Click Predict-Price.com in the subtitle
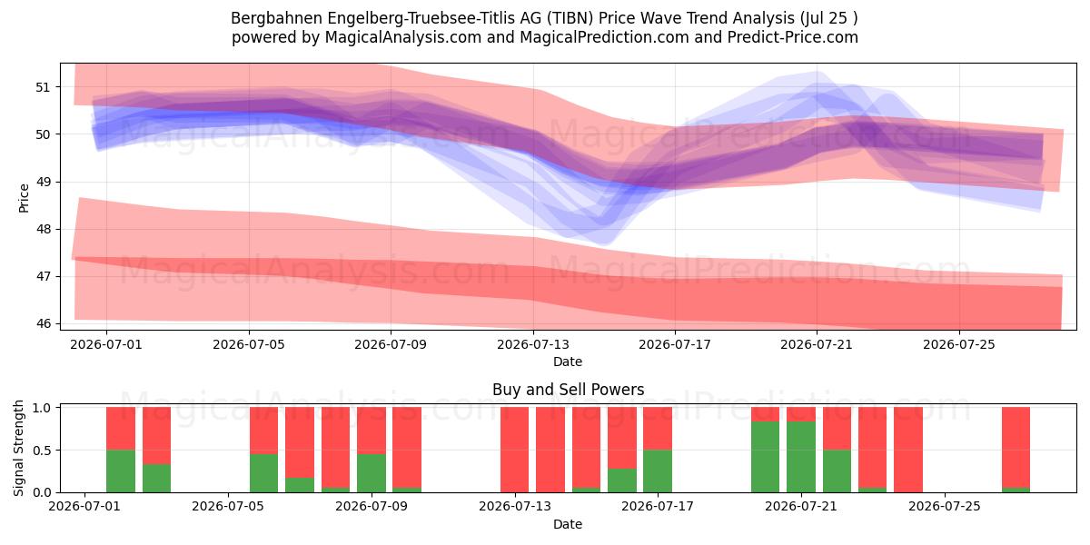(792, 37)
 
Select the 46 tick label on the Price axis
(43, 323)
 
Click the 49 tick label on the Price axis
(43, 182)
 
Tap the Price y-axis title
(24, 198)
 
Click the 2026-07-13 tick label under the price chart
(533, 344)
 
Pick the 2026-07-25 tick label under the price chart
(959, 344)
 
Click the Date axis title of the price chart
(568, 362)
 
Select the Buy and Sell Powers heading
(568, 390)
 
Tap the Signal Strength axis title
(18, 448)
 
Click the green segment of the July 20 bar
(765, 457)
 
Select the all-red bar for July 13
(514, 450)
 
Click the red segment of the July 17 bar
(658, 428)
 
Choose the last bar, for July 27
(1016, 450)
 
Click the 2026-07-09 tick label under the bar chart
(372, 507)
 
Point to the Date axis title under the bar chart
(568, 524)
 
